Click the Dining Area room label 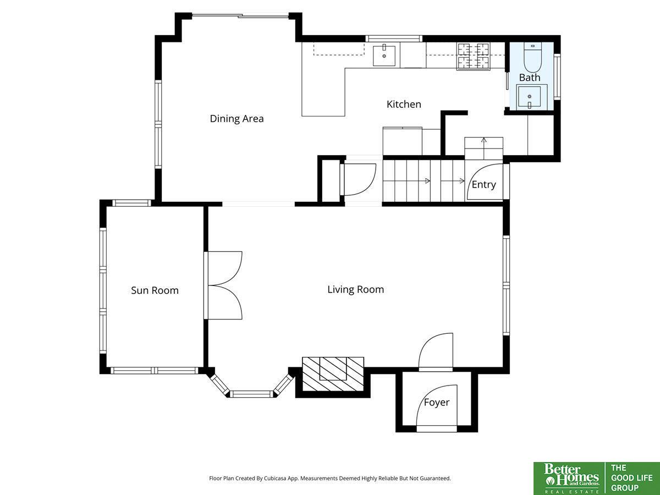237,119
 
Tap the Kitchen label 404,105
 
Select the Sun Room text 155,290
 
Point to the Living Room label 356,289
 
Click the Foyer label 437,403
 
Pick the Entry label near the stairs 484,185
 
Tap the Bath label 530,78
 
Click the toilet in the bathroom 532,57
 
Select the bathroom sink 530,97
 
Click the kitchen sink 384,56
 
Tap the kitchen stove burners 474,56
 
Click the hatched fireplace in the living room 333,374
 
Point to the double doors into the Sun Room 223,285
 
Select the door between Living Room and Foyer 436,351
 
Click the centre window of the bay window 251,394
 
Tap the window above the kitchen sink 394,38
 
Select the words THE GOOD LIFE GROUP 632,478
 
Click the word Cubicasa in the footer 275,478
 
